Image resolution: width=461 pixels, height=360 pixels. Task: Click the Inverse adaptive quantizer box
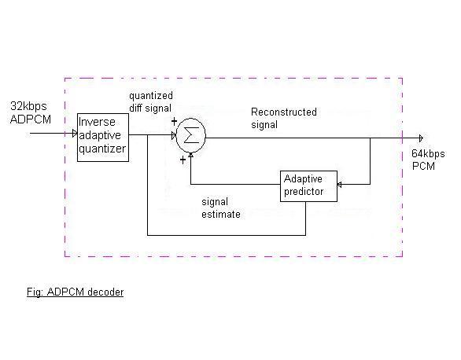tap(101, 137)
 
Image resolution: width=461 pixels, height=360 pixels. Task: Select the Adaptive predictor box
tap(308, 186)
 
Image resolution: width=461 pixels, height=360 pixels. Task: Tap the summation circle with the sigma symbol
tap(188, 135)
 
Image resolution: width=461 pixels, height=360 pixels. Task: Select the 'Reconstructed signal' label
tap(283, 118)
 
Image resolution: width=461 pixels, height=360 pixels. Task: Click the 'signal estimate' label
tap(221, 208)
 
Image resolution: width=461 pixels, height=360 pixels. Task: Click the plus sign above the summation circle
tap(174, 121)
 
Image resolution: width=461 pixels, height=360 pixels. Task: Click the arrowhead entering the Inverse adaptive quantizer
tap(73, 134)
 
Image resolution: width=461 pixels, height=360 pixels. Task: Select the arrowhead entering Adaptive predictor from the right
tap(340, 186)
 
